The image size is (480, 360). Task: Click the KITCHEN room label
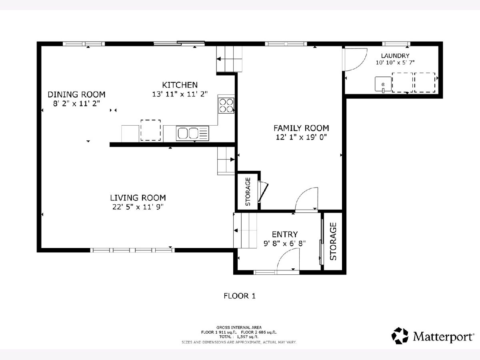pos(180,85)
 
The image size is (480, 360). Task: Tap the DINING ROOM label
pos(76,94)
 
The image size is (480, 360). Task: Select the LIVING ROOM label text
pos(138,198)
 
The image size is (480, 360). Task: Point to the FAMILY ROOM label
pos(301,128)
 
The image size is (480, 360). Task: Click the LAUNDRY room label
pos(395,56)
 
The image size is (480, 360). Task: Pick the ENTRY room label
pos(285,234)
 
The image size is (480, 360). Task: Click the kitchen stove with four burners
pos(226,105)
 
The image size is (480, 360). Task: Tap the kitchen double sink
pos(192,133)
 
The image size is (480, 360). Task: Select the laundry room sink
pos(383,84)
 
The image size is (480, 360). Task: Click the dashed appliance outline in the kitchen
pos(150,130)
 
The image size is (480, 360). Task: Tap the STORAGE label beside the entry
pos(333,241)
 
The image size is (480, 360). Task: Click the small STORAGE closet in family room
pos(248,192)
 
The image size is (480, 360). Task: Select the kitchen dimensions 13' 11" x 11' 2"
pos(180,94)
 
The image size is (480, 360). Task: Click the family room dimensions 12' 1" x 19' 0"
pos(301,137)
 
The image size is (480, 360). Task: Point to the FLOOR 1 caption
pos(240,296)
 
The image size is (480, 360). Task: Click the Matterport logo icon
pos(400,336)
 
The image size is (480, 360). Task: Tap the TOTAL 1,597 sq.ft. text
pos(239,337)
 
